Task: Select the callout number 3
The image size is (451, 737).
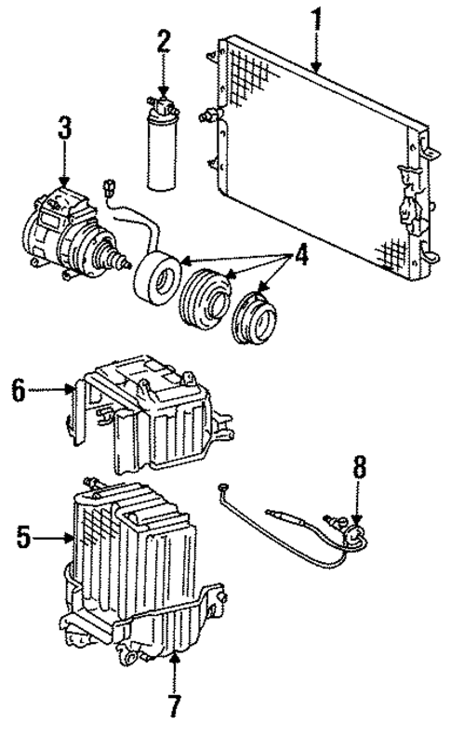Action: (63, 128)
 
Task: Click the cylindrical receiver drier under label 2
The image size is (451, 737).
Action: (163, 140)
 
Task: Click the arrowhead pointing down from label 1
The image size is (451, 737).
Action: (315, 67)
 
